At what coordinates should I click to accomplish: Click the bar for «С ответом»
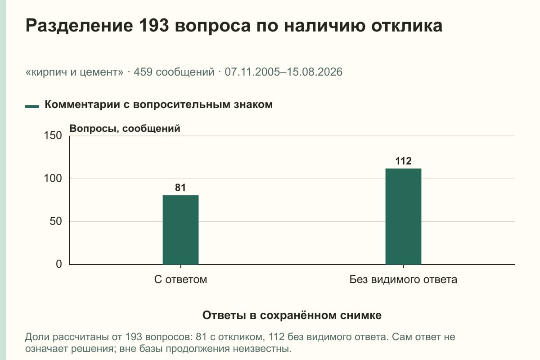tap(180, 230)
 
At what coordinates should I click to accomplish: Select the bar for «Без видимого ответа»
tap(403, 216)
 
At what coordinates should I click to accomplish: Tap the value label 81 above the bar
tap(180, 188)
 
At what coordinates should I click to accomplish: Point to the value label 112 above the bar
tap(403, 161)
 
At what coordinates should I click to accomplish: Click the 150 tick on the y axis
tap(53, 135)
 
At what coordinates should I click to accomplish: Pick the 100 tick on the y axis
tap(53, 179)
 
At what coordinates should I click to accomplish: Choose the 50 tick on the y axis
tap(56, 221)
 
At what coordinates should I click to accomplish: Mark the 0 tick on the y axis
tap(59, 264)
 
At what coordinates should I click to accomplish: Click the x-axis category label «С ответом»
tap(180, 279)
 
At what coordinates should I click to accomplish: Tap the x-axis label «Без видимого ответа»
tap(403, 279)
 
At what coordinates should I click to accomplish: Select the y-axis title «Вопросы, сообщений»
tap(125, 129)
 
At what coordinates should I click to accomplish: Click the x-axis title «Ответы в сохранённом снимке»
tap(292, 315)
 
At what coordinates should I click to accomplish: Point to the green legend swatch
tap(32, 107)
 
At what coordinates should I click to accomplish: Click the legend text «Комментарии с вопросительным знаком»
tap(158, 105)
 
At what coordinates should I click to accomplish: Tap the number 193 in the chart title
tap(154, 26)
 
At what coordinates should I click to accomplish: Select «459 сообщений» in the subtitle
tap(174, 72)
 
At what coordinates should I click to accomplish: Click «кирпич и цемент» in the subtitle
tap(74, 72)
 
